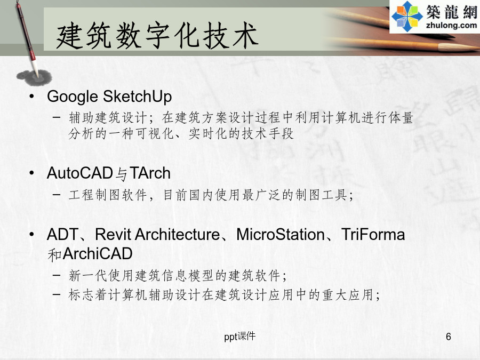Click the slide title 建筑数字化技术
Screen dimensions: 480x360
(x=157, y=35)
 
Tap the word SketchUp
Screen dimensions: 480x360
(x=137, y=97)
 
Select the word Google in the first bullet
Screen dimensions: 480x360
(x=73, y=97)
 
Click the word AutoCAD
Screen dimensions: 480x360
(x=79, y=173)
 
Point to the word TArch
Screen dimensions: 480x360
(x=150, y=173)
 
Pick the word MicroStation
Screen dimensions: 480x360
(x=281, y=235)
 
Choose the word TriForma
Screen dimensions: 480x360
(x=373, y=235)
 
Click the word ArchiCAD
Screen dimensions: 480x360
(x=98, y=254)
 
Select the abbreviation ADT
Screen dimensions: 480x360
(x=63, y=235)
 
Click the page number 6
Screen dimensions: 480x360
(x=449, y=337)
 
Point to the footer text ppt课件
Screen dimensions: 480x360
(x=239, y=337)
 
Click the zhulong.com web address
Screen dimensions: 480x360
(x=451, y=25)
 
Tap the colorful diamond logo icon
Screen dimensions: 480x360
(x=407, y=17)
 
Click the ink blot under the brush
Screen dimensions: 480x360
(x=34, y=78)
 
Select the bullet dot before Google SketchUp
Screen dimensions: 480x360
(x=32, y=97)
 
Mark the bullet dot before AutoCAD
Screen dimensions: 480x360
(x=32, y=173)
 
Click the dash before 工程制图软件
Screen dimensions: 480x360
(x=57, y=194)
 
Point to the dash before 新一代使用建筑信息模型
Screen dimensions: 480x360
(x=57, y=275)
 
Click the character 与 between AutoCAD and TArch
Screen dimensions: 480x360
(x=121, y=174)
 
